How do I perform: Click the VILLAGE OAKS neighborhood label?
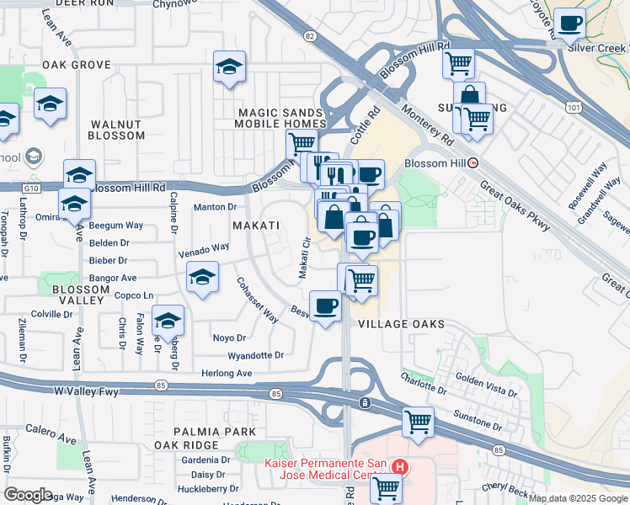pos(401,324)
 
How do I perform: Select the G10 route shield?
pos(31,189)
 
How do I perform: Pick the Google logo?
pos(29,495)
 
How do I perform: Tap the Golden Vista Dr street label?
pos(486,388)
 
